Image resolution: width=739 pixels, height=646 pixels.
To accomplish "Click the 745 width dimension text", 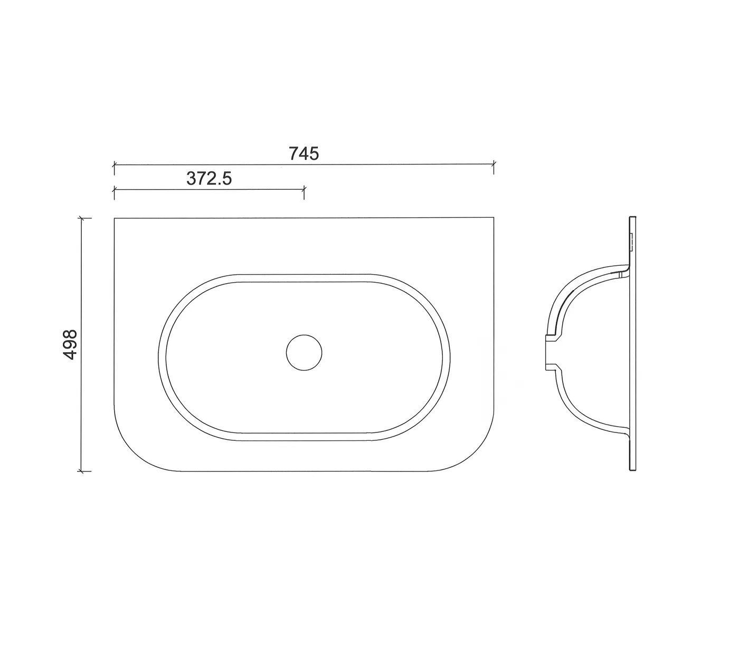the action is click(304, 154).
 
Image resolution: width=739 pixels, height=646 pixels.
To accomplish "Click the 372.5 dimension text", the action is click(209, 178).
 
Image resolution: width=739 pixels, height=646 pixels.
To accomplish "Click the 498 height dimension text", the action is click(70, 344).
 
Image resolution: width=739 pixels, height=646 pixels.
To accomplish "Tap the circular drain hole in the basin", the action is click(304, 352).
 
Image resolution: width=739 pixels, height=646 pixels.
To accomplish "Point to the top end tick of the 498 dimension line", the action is click(82, 218).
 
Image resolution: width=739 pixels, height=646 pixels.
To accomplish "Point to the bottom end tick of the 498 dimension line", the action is click(82, 471).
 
